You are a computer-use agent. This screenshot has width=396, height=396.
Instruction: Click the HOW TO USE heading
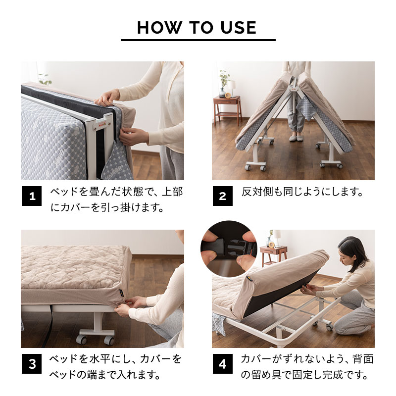tap(197, 27)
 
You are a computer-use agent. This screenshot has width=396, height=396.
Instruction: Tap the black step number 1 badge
tap(32, 197)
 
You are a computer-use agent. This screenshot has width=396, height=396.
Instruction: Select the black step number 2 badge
tap(222, 197)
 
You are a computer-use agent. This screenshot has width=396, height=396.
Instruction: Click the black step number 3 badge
tap(32, 365)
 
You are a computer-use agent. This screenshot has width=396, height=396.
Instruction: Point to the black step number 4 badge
tap(222, 365)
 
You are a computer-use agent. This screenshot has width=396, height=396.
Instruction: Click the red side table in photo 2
tap(227, 109)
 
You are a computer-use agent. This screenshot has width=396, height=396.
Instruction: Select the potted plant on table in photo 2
tap(224, 82)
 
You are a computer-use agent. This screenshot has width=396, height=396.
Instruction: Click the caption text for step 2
tap(302, 192)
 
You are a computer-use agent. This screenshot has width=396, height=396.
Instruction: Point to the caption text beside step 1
tap(116, 199)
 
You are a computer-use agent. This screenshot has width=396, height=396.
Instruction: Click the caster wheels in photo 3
tap(94, 340)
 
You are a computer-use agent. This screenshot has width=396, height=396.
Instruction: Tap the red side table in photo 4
tap(273, 255)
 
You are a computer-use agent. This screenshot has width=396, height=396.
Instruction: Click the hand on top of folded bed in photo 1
tap(107, 97)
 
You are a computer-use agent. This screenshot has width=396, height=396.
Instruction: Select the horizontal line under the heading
tap(198, 40)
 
